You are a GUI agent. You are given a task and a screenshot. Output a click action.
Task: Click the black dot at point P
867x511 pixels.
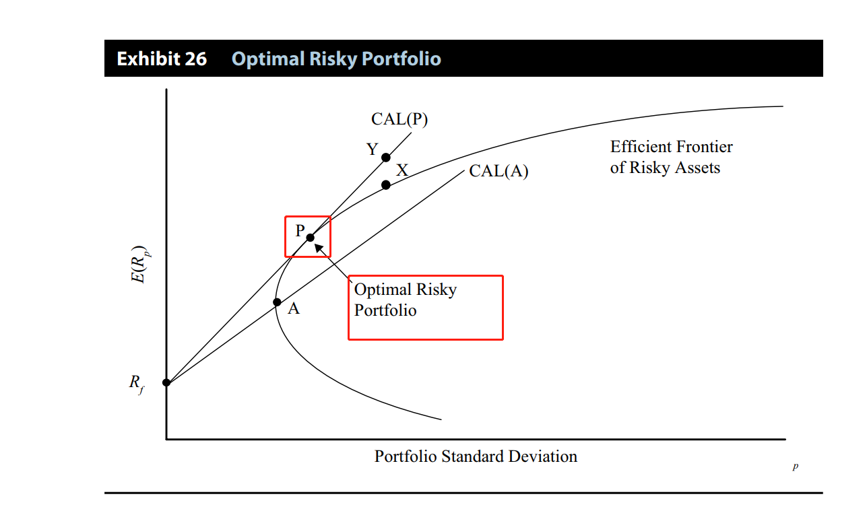tap(310, 238)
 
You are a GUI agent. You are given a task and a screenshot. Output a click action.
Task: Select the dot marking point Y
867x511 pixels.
tap(385, 158)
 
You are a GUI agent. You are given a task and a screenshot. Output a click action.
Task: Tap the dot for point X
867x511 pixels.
tap(385, 185)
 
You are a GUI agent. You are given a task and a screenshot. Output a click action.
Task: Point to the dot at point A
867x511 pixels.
tap(277, 302)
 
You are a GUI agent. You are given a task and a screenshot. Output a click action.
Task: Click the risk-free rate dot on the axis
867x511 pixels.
tap(166, 382)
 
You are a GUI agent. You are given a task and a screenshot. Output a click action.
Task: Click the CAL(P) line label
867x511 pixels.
tap(399, 119)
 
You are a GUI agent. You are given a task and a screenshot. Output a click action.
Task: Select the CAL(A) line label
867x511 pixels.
tap(499, 171)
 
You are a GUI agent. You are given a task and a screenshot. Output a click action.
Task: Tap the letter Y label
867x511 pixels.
tap(373, 149)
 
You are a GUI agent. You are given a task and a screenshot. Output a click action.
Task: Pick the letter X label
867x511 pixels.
tap(402, 170)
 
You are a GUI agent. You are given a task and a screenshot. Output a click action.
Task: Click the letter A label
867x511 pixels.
tap(294, 309)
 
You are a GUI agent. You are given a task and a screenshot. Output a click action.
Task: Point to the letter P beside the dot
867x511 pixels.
tap(300, 230)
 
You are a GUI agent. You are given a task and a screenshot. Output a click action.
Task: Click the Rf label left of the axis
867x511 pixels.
tap(137, 384)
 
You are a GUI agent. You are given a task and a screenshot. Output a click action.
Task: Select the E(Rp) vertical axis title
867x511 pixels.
tap(139, 265)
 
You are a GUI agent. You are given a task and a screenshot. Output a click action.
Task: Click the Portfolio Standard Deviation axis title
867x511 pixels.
tap(476, 456)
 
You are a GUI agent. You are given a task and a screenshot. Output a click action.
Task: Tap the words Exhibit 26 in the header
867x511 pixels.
tap(162, 59)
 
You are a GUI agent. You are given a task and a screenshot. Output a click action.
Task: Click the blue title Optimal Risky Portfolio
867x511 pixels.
tap(336, 59)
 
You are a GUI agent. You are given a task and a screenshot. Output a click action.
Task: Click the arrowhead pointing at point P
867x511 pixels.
tap(319, 248)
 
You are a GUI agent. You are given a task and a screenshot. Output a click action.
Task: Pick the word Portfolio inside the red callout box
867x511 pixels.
tap(385, 310)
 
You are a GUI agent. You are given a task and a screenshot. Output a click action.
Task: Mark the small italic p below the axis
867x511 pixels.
tap(796, 466)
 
